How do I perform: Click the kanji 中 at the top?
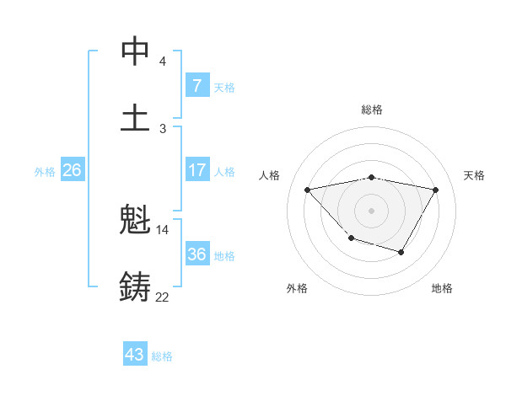[135, 52]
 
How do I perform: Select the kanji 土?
[135, 117]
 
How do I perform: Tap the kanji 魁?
[135, 222]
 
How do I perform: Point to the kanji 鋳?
[135, 286]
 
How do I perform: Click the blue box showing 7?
[196, 85]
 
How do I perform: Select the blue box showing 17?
[196, 171]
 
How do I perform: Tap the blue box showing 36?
[196, 254]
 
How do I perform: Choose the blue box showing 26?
[72, 171]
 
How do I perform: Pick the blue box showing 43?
[135, 355]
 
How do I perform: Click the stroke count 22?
[162, 297]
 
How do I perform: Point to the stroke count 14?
[163, 230]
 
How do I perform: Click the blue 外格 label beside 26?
[45, 172]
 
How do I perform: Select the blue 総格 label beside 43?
[162, 356]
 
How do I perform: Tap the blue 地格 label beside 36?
[224, 255]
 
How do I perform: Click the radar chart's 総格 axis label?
[372, 110]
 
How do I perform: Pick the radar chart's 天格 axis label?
[475, 175]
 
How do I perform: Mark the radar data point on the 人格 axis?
[307, 190]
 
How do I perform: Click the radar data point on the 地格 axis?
[401, 252]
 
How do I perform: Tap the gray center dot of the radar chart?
[372, 209]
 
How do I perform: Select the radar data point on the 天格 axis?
[436, 190]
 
